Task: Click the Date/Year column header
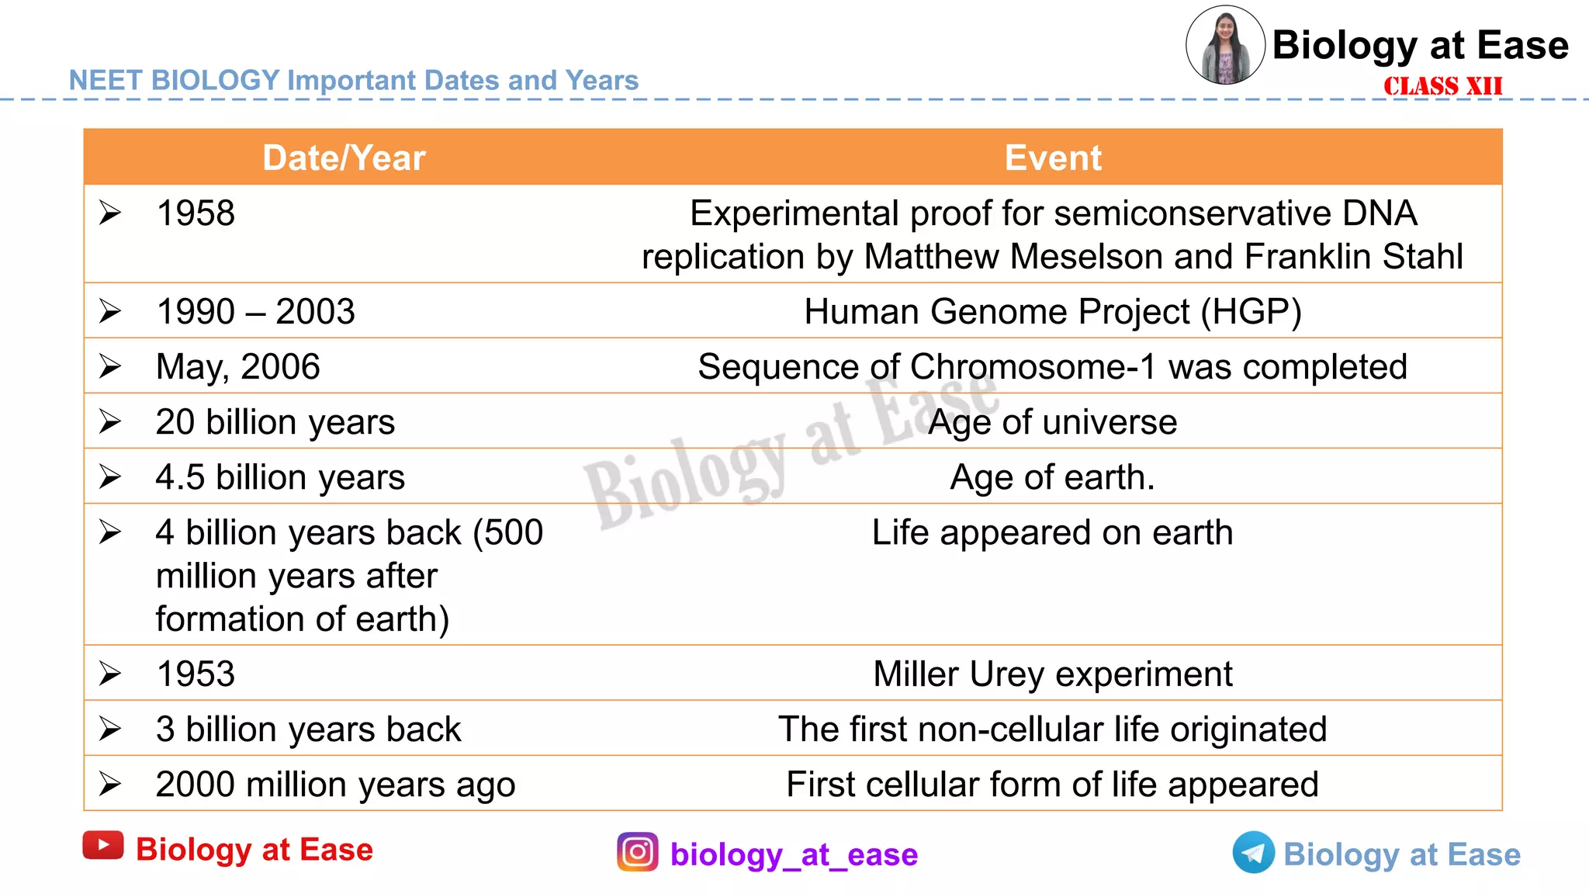click(344, 158)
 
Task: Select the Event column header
click(1052, 158)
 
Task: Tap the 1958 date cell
click(196, 213)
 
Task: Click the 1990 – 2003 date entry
click(255, 312)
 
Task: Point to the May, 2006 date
click(237, 367)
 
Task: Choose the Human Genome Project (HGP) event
click(1052, 312)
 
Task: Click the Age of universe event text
click(1052, 422)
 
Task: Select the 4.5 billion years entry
click(280, 477)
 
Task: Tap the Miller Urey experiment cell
click(1052, 674)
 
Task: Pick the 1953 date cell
click(196, 674)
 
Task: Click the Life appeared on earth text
click(1052, 533)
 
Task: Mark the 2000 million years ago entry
click(335, 785)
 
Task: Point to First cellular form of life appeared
click(1052, 785)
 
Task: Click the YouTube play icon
click(103, 846)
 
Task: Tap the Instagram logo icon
click(638, 852)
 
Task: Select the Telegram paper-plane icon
click(1253, 853)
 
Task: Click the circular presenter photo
click(1225, 45)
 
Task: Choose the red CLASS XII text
click(1442, 86)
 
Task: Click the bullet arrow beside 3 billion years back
click(110, 729)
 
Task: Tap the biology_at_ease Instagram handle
click(794, 854)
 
